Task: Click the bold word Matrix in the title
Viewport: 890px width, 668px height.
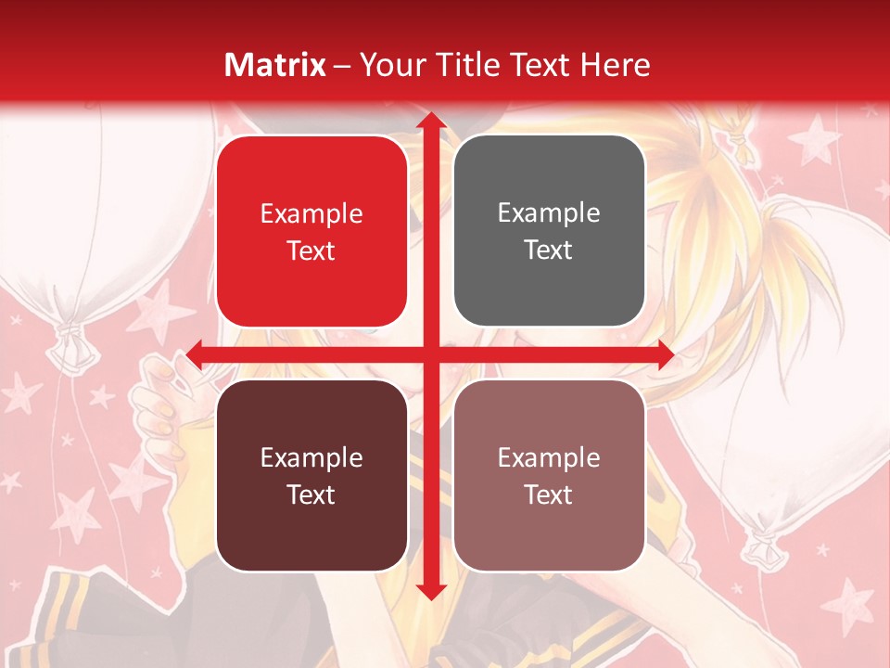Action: (x=275, y=65)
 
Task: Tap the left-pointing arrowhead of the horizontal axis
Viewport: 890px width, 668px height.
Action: (x=195, y=353)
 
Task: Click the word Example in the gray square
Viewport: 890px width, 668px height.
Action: (x=549, y=212)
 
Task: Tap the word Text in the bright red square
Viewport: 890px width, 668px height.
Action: (x=311, y=250)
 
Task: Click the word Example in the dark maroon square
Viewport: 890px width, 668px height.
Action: (x=311, y=457)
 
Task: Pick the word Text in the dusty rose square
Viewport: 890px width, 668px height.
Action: (x=549, y=495)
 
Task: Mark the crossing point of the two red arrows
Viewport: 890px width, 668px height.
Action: (x=429, y=353)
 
